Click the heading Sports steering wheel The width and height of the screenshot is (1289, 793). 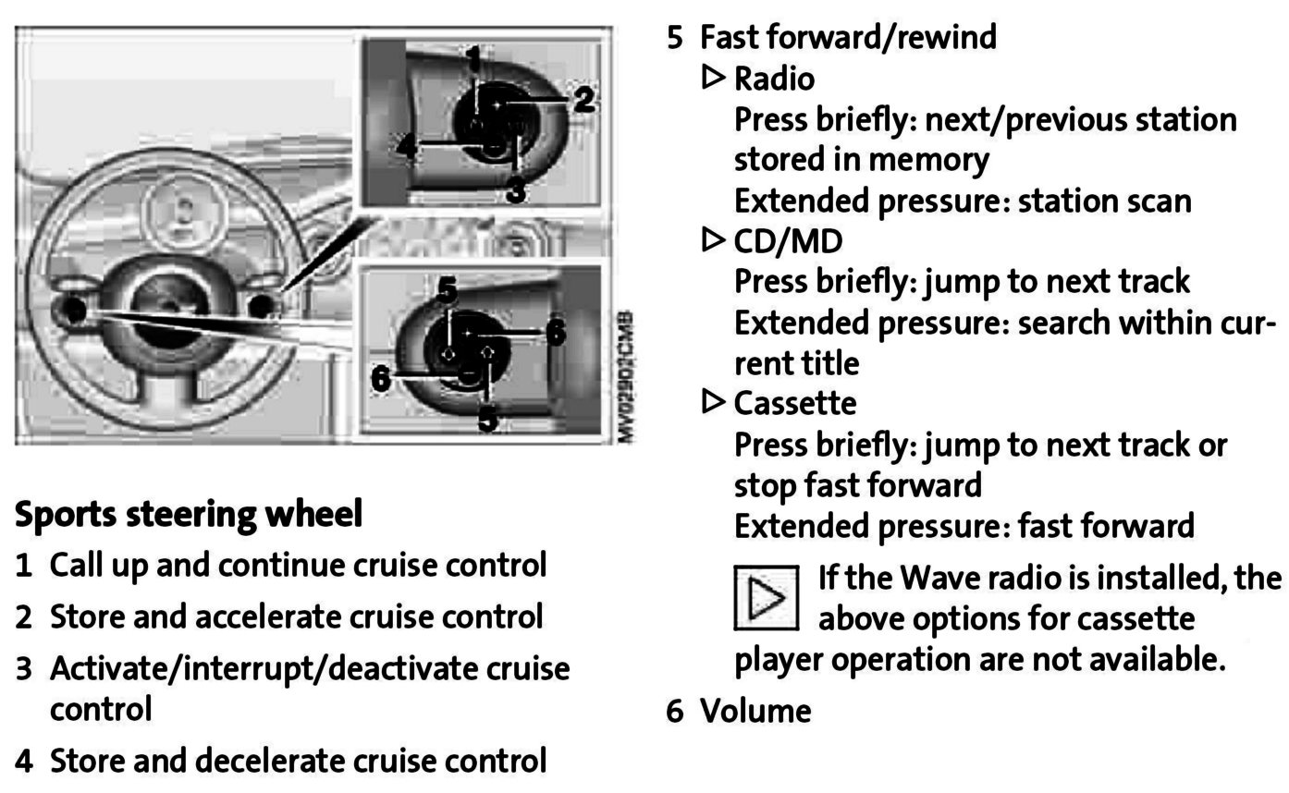189,514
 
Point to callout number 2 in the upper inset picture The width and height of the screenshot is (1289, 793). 583,99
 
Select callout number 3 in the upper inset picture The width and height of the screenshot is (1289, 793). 516,191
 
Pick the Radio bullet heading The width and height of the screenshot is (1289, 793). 774,79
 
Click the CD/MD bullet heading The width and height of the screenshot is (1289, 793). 788,242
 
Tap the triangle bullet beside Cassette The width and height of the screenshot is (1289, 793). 714,402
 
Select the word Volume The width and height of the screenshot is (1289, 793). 755,711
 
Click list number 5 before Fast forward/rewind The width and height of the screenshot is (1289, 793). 675,38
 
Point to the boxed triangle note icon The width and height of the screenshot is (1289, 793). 766,598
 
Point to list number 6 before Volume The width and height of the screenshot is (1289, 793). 675,711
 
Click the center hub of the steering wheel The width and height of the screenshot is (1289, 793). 169,310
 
